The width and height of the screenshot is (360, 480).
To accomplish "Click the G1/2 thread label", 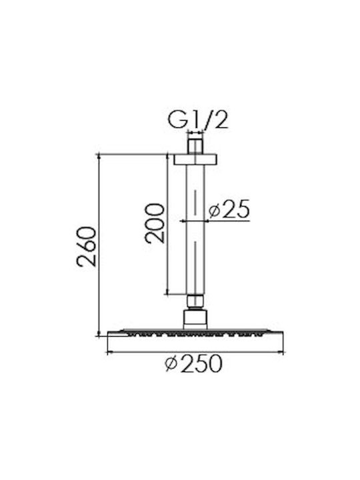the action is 198,120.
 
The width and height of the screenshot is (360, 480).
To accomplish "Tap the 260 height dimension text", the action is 87,247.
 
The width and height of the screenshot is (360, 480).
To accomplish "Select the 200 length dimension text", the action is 155,223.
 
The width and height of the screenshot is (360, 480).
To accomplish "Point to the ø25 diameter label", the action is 229,209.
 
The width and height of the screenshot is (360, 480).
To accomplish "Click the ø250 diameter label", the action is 193,363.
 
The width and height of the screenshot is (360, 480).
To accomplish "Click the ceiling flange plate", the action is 195,160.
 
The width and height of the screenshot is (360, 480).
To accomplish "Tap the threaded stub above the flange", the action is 195,147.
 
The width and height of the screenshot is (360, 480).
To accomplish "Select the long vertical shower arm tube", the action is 195,230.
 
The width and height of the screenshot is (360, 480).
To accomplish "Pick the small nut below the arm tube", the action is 195,301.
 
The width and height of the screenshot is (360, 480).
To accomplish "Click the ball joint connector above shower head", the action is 195,319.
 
